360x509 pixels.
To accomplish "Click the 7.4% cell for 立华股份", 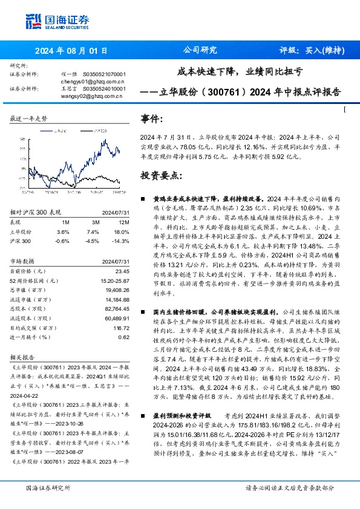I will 93,232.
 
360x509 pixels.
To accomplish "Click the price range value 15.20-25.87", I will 113,281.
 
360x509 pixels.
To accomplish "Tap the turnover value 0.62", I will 123,337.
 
